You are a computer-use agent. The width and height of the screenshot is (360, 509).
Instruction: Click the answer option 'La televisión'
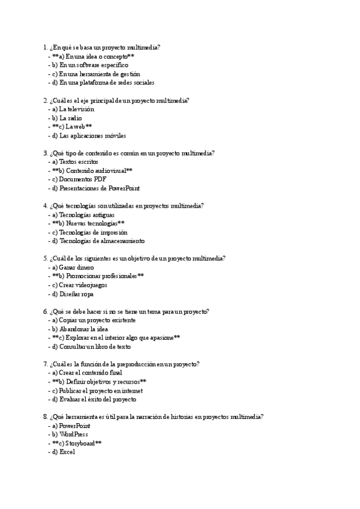[76, 109]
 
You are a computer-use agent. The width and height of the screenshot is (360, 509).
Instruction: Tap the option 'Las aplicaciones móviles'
[92, 136]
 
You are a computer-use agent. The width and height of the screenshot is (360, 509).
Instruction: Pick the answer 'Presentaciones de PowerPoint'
[99, 188]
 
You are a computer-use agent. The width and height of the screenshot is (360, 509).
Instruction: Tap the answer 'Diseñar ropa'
[76, 294]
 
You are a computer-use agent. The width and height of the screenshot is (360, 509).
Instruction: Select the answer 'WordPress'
[73, 434]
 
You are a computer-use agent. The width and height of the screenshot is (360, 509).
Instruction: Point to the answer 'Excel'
[67, 452]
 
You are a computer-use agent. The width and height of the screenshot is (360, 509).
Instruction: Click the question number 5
[46, 259]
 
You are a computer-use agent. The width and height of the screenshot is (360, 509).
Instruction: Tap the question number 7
[46, 364]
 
